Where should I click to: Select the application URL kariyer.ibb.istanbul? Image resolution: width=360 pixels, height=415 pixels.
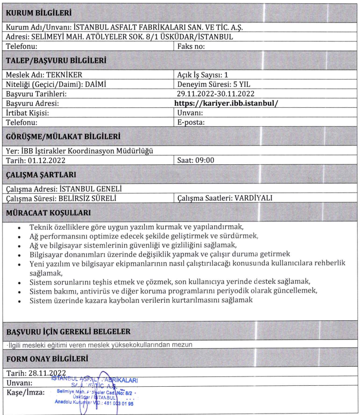229,103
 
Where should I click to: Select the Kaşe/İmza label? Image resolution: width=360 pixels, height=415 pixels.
25,392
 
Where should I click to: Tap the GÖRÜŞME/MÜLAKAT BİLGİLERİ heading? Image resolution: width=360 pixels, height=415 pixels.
63,136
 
